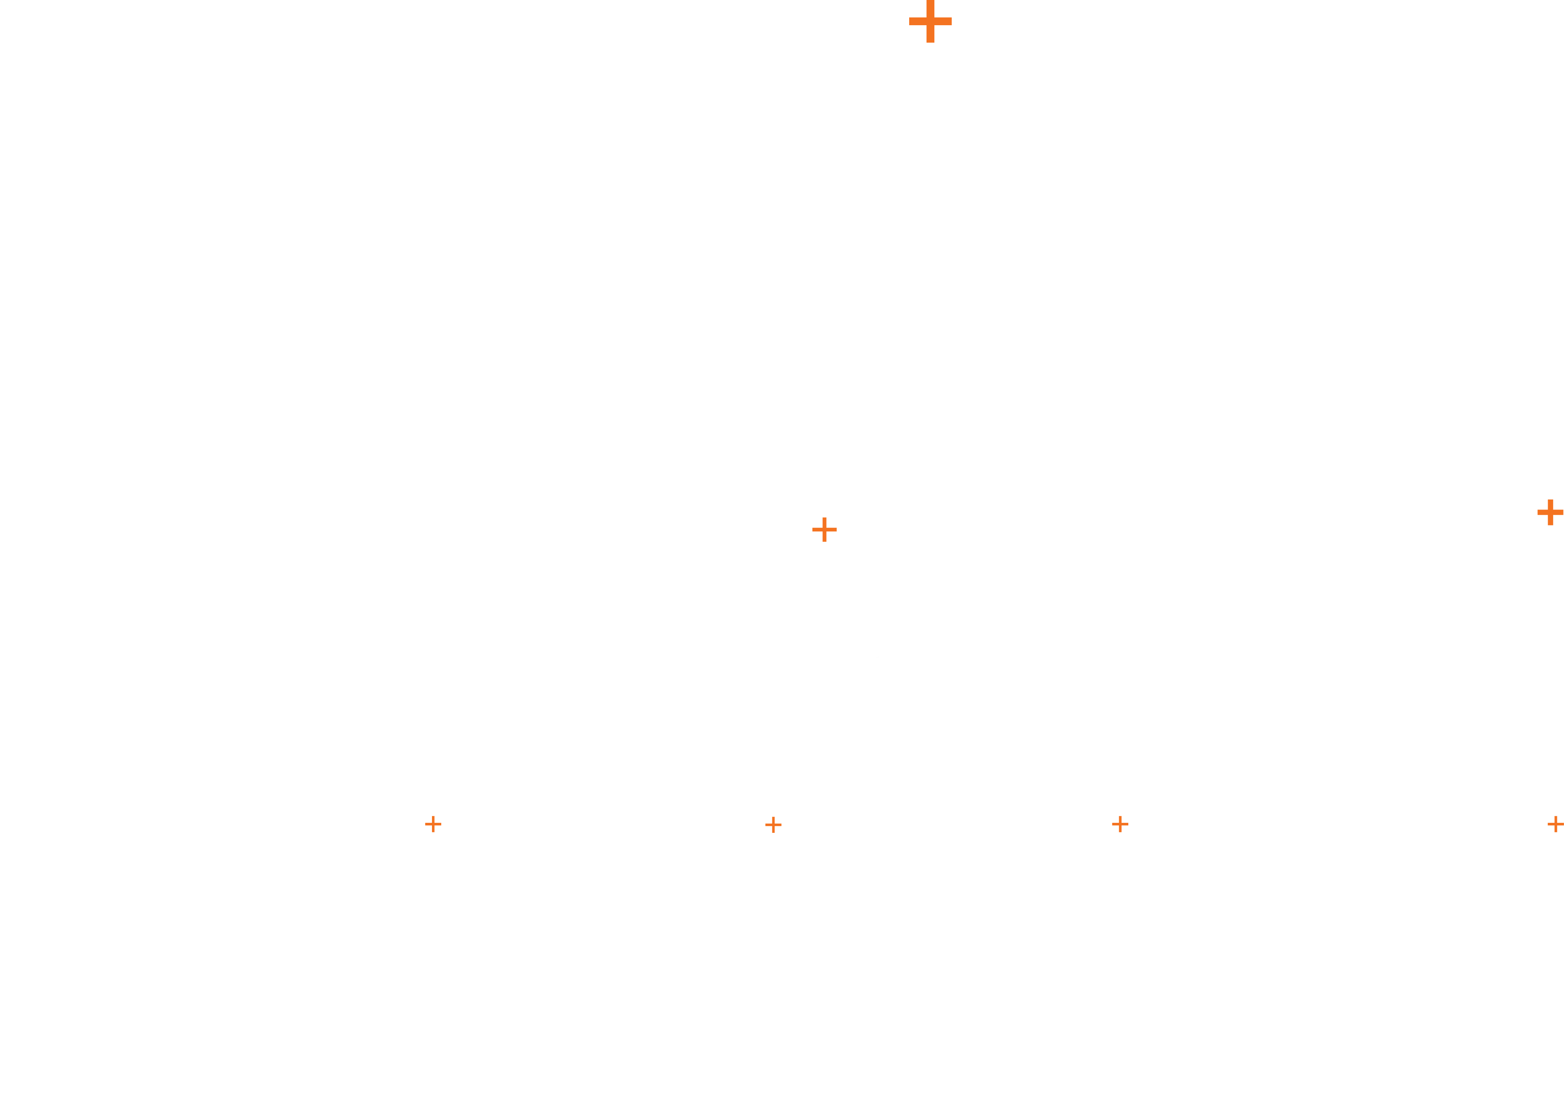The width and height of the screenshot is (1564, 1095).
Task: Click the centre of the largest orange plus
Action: tap(930, 21)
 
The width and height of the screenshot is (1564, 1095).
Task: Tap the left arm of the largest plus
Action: tap(916, 21)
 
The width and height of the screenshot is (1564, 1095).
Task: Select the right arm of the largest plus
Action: tap(944, 21)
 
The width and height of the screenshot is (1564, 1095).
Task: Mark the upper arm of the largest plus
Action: tap(930, 6)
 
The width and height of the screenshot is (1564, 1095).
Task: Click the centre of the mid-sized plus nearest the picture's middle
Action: tap(824, 530)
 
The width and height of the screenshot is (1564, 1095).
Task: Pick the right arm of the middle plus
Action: tap(832, 530)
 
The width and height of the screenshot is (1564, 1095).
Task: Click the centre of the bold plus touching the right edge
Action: tap(1550, 512)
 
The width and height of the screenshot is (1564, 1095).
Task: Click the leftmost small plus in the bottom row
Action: tap(433, 824)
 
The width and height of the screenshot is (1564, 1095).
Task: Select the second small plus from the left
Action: tap(773, 824)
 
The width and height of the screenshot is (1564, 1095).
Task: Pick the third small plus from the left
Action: tap(1120, 824)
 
